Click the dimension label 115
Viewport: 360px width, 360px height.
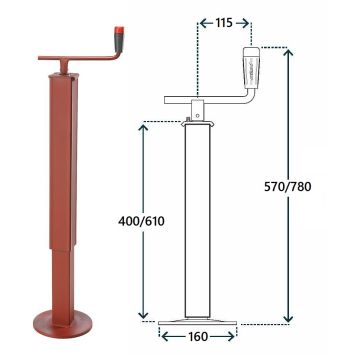224,23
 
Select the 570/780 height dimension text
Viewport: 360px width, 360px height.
287,187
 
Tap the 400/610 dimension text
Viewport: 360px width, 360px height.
141,221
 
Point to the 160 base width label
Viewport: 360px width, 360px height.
198,337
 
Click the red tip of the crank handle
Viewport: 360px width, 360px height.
119,30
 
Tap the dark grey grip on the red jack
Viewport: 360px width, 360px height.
118,43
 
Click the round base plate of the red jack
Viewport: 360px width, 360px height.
62,322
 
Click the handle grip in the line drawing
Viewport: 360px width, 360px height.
252,68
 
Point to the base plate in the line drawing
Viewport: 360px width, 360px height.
198,323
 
